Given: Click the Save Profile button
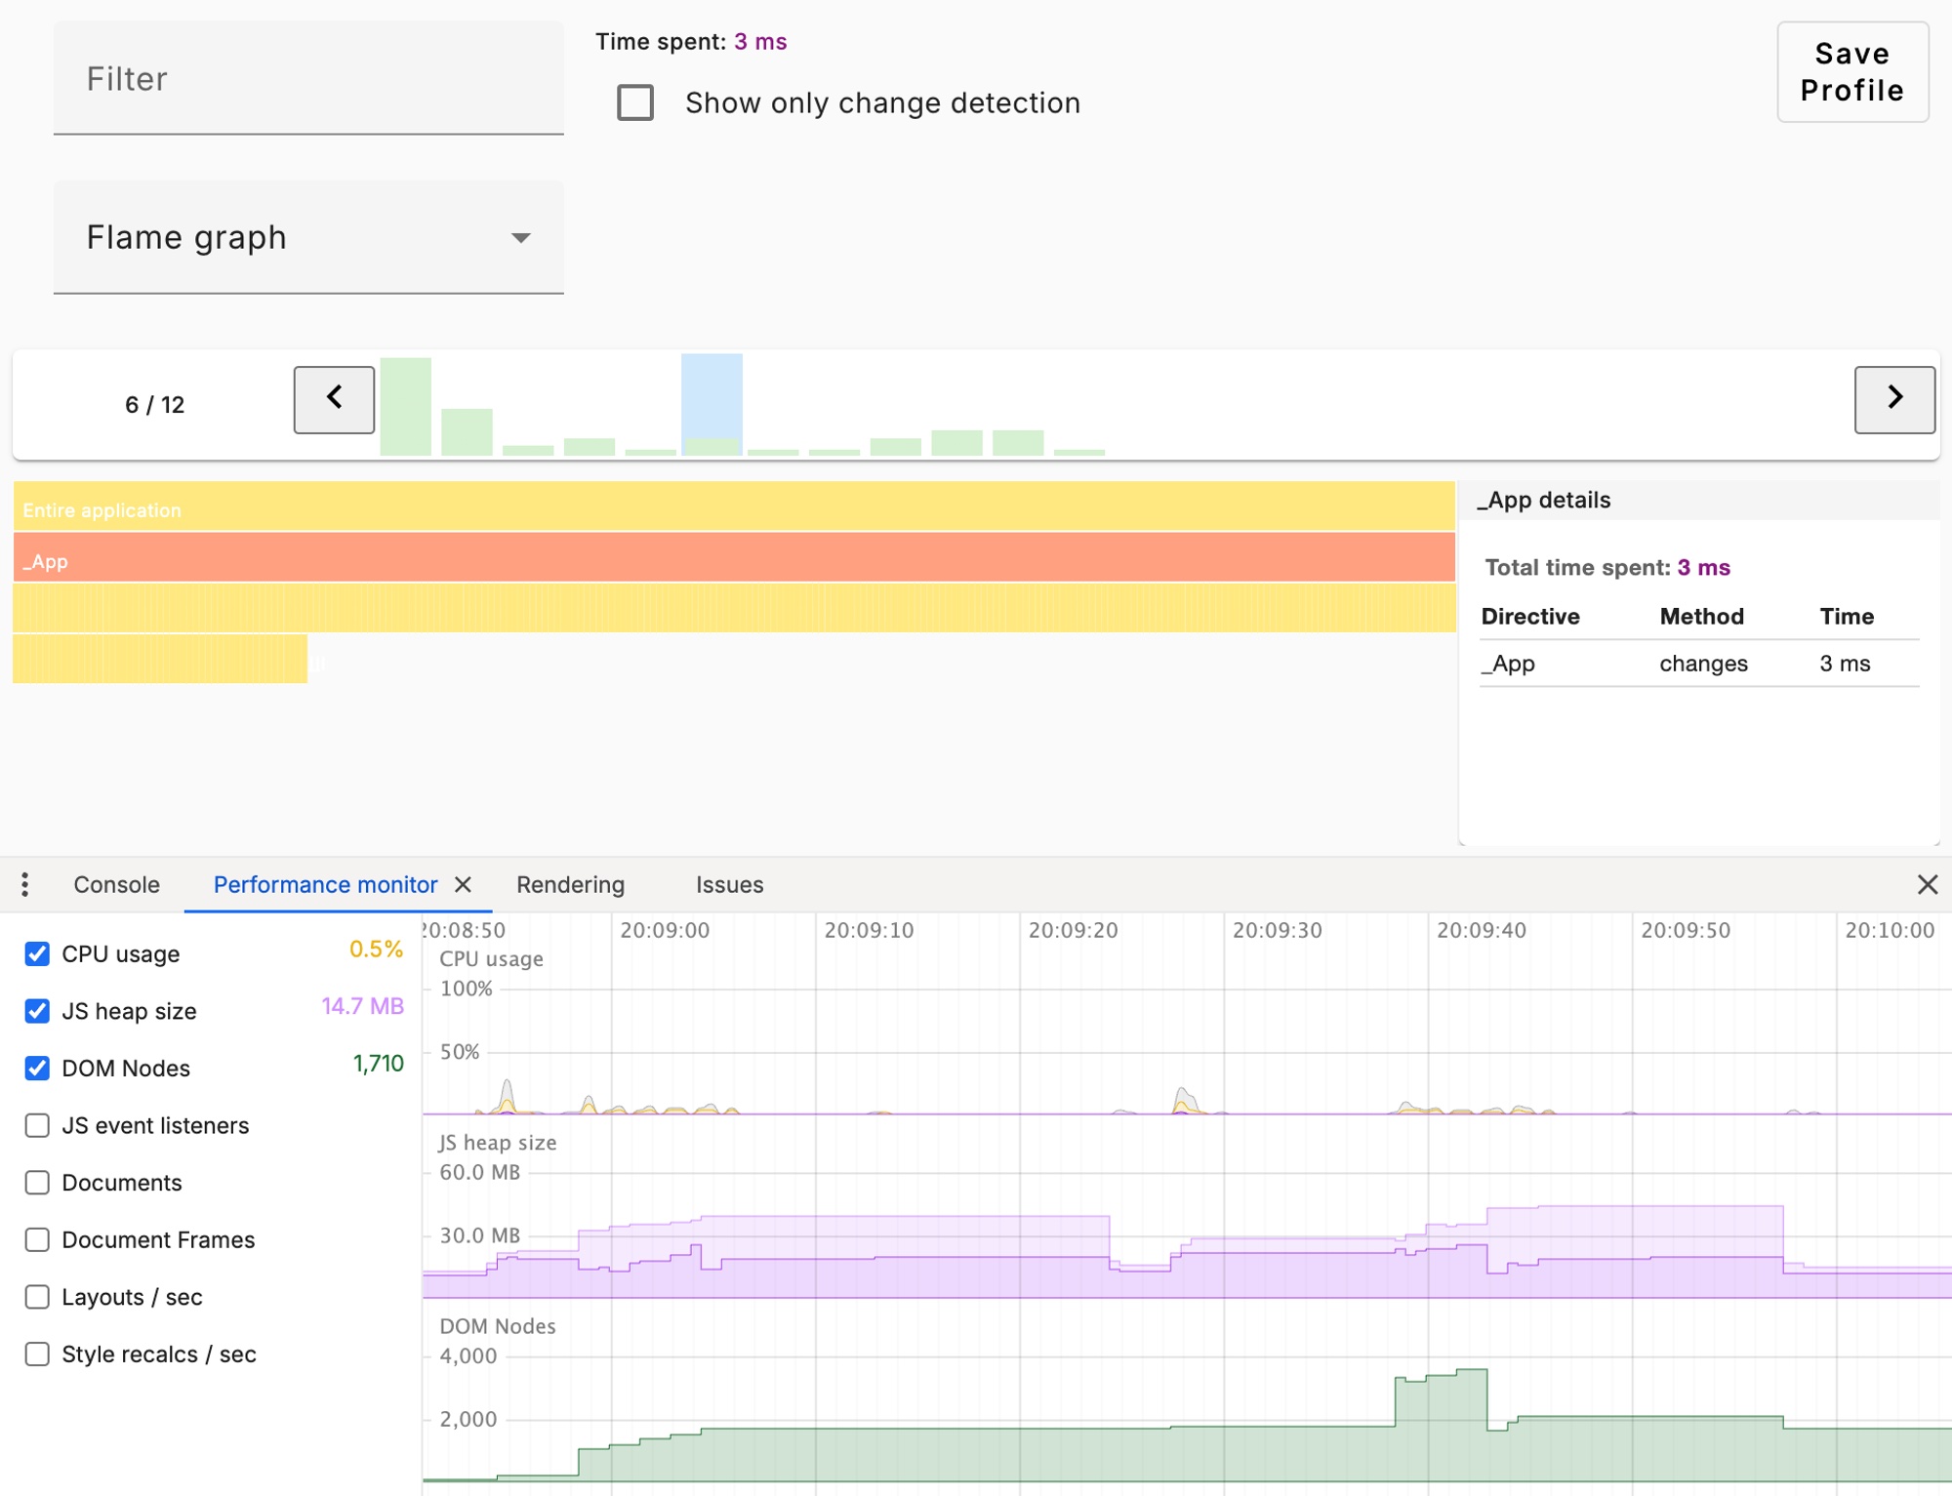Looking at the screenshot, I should pyautogui.click(x=1851, y=72).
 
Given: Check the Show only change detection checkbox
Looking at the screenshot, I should pyautogui.click(x=635, y=102).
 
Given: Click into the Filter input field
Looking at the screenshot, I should pyautogui.click(x=307, y=78).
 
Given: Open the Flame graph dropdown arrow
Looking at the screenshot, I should pyautogui.click(x=521, y=238).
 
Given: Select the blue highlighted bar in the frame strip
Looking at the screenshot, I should pyautogui.click(x=712, y=403).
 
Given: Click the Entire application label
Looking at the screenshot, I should pyautogui.click(x=102, y=510).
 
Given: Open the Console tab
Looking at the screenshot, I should pyautogui.click(x=116, y=884).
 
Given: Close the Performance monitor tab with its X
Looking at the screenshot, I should pyautogui.click(x=464, y=884).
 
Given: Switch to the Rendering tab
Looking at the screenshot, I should pyautogui.click(x=570, y=884).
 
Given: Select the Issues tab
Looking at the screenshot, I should pyautogui.click(x=729, y=884).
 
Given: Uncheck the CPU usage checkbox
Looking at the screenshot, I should pyautogui.click(x=37, y=953).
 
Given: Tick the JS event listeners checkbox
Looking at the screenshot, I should pyautogui.click(x=37, y=1125).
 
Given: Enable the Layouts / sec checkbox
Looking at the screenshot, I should pyautogui.click(x=37, y=1297).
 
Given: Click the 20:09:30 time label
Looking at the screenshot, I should pyautogui.click(x=1277, y=930).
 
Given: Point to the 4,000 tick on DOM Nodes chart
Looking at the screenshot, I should pyautogui.click(x=468, y=1355).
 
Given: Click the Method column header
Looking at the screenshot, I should pyautogui.click(x=1701, y=616).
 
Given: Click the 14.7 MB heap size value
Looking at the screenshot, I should pyautogui.click(x=362, y=1006).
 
